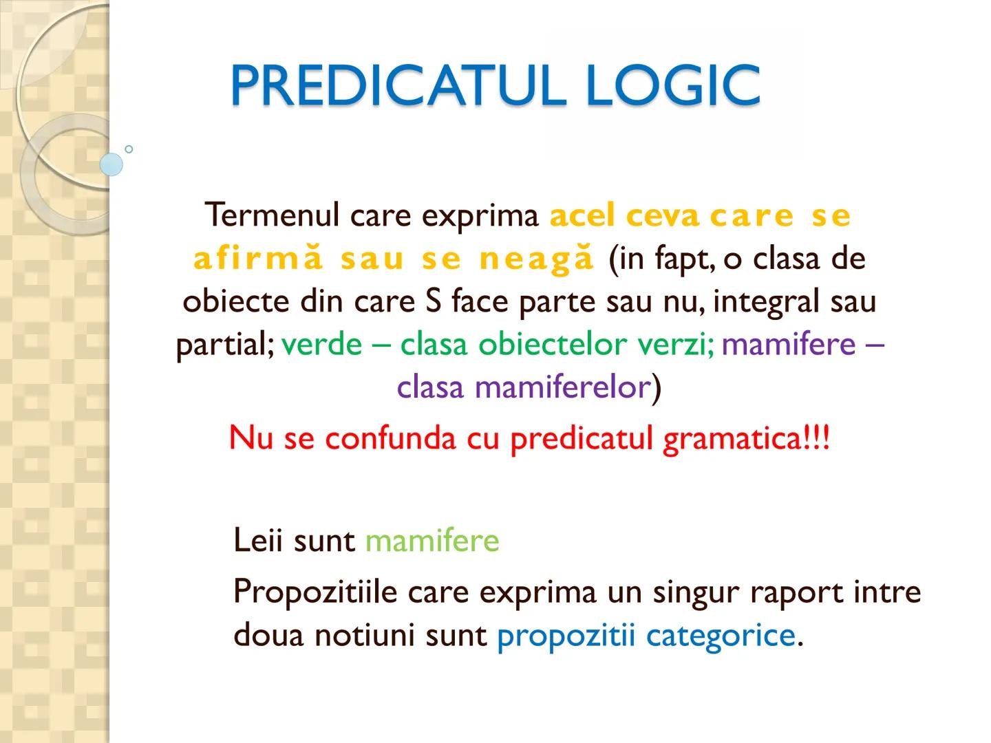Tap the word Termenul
pos(273,215)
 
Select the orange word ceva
pos(663,215)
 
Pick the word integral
pos(767,302)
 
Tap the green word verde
pos(321,344)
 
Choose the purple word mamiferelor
pos(562,387)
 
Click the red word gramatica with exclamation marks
pos(746,438)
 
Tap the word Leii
pos(258,540)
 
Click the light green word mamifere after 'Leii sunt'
pos(431,540)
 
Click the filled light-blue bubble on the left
pos(111,164)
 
